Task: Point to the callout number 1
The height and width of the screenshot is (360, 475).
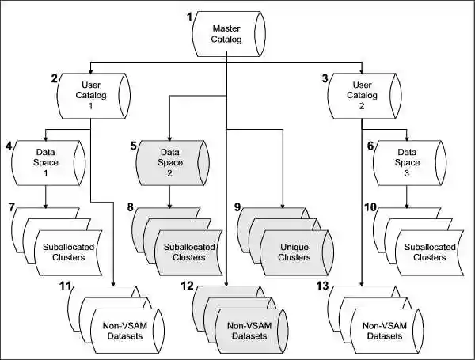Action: [189, 17]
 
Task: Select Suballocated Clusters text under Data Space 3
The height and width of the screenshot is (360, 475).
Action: [426, 252]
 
